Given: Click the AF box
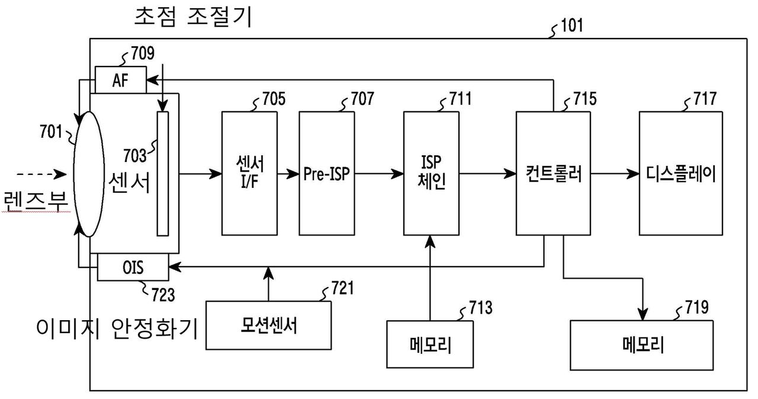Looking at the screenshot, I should [x=120, y=80].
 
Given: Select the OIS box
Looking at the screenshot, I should [x=133, y=267].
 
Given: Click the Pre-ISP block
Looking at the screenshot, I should [x=326, y=173].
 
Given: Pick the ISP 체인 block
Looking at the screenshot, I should [x=431, y=173].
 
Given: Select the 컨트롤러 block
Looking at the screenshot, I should [x=553, y=173].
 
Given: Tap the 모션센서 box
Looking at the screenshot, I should [x=268, y=325].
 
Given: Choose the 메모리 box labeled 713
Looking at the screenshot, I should [x=430, y=344].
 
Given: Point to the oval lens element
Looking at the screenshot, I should [x=89, y=174].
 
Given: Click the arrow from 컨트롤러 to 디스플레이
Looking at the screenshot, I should [x=614, y=174].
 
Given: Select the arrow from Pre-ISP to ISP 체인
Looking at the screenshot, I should [x=379, y=174].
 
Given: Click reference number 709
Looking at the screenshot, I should [x=142, y=55].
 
